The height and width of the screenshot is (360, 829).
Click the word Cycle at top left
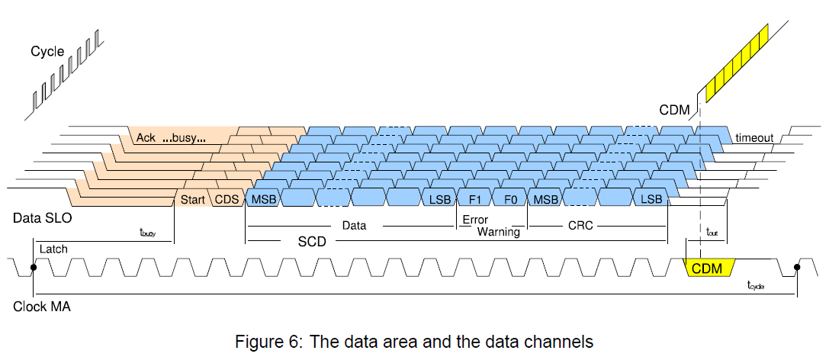tap(47, 52)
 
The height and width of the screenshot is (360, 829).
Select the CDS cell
tap(227, 200)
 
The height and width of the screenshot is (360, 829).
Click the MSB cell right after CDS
tap(264, 200)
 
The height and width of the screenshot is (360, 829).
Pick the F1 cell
tap(474, 200)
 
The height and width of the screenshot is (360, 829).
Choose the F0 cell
tap(510, 200)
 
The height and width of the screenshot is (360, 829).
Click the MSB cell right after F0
tap(545, 200)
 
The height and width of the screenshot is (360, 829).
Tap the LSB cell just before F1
tap(439, 200)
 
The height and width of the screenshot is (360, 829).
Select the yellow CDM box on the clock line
tap(709, 268)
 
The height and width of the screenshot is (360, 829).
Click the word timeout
tap(754, 138)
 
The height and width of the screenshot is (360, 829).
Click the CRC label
tap(580, 226)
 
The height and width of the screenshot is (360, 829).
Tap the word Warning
tap(498, 231)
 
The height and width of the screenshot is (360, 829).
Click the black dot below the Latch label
tap(34, 268)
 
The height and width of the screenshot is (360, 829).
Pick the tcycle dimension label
tap(756, 284)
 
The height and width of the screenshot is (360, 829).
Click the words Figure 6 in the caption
tap(262, 339)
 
